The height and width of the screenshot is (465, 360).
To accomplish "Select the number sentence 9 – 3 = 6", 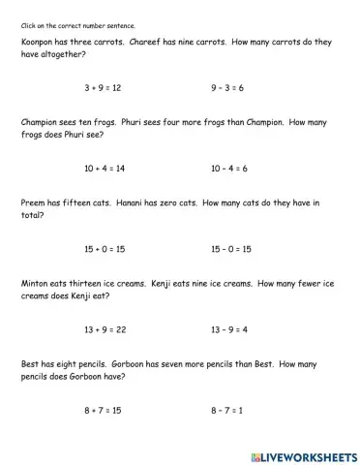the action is (227, 88).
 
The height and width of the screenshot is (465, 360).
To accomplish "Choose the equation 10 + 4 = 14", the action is (105, 169).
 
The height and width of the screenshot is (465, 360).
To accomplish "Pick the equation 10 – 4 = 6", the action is (229, 169).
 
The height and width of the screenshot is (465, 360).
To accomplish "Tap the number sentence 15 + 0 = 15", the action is (105, 249).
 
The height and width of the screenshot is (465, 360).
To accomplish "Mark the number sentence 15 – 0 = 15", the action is (231, 249).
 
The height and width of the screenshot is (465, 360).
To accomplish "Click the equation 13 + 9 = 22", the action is (105, 329).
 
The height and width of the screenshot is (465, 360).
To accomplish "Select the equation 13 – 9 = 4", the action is (229, 329).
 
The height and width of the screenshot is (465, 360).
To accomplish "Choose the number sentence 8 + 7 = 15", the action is (103, 410).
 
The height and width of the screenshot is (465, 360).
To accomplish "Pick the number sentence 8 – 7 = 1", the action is (226, 410).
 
